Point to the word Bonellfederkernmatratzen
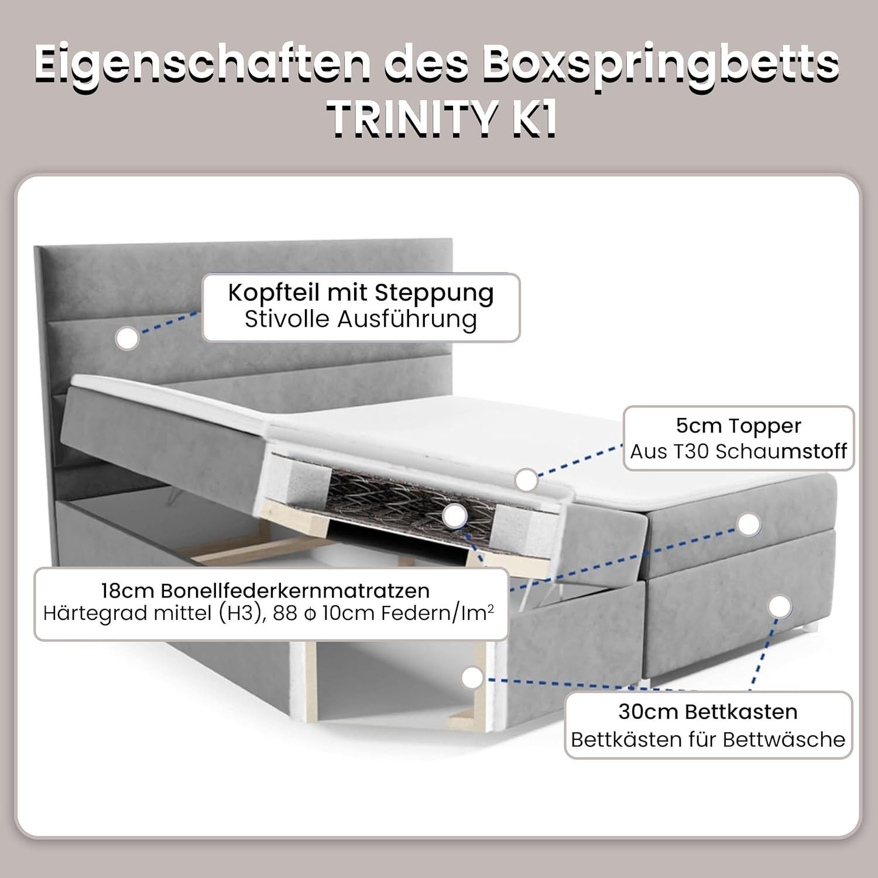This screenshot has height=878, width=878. coord(296,590)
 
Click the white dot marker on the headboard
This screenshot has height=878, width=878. coord(127,338)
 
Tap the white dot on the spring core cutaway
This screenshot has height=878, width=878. coord(454,517)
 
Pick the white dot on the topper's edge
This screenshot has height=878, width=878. coord(527,480)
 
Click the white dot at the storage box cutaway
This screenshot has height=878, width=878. coord(472,678)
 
